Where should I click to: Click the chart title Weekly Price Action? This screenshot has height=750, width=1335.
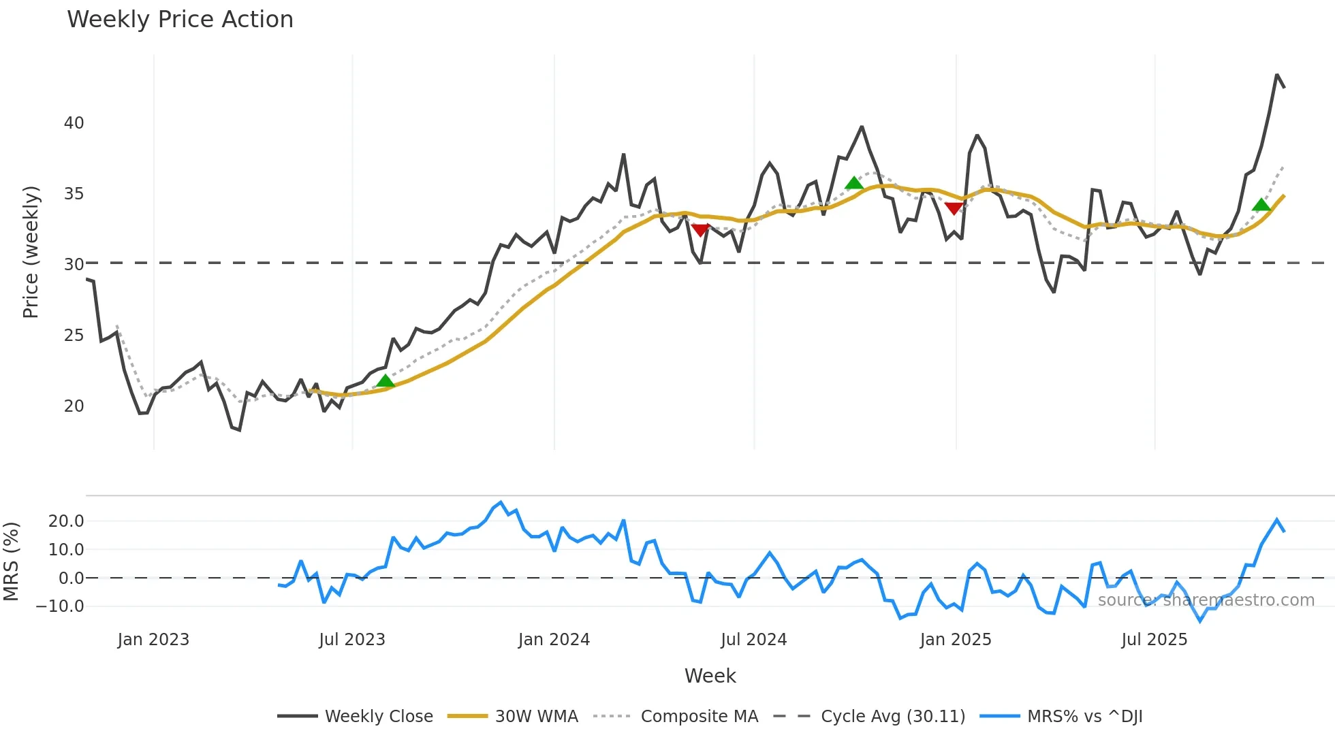click(180, 20)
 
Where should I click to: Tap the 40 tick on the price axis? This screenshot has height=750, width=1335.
click(74, 123)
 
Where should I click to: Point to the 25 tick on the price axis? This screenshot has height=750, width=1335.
click(74, 336)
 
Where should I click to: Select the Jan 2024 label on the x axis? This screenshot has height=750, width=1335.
click(554, 640)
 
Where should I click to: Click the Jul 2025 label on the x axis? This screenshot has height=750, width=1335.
click(1154, 640)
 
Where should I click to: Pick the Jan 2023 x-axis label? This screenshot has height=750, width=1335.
click(153, 640)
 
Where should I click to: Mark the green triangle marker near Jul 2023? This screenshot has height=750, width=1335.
click(386, 381)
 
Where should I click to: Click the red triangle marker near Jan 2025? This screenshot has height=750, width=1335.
click(954, 208)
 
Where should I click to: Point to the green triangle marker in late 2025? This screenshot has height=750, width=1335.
click(1261, 205)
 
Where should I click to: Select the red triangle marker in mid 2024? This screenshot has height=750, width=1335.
click(700, 230)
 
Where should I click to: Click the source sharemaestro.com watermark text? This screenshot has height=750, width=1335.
click(1206, 600)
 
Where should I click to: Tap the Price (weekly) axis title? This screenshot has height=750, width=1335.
click(31, 252)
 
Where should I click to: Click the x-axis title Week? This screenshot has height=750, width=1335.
click(710, 676)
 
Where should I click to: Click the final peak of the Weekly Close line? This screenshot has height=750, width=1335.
click(1277, 76)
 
